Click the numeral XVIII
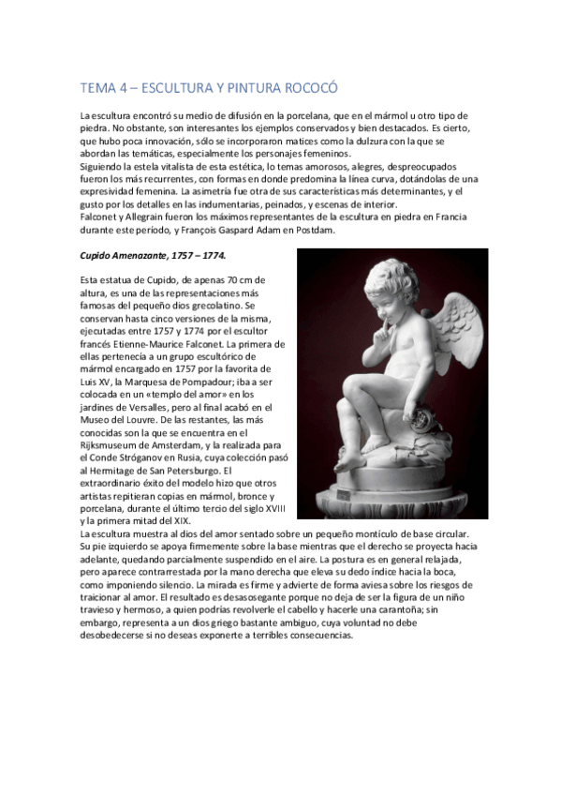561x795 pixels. click(x=275, y=508)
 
